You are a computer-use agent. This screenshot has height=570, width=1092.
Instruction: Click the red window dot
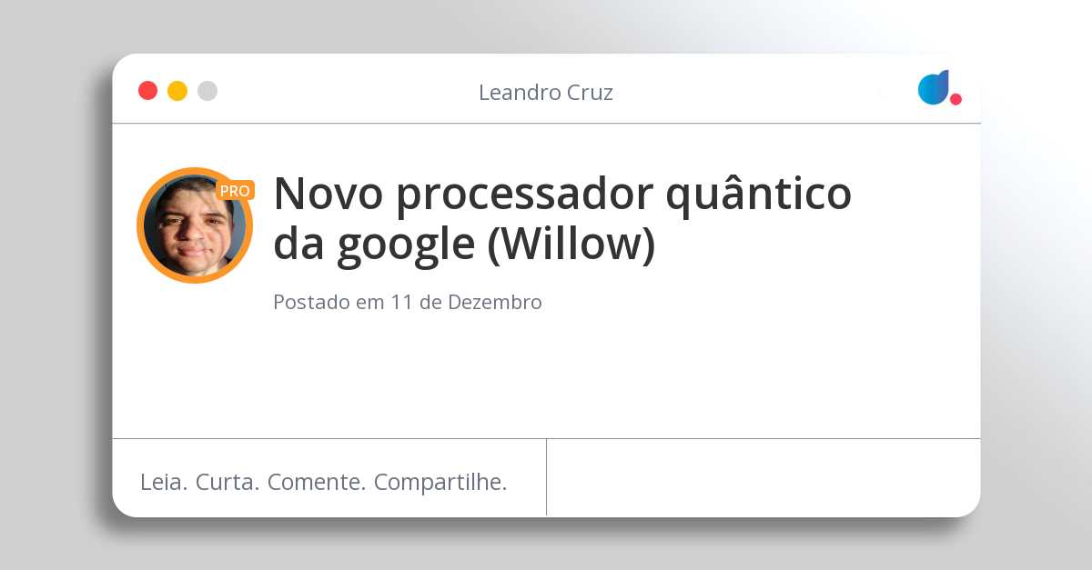tap(147, 91)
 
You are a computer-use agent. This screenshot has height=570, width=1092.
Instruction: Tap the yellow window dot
tap(177, 91)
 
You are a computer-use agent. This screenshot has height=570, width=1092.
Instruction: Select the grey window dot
tap(207, 91)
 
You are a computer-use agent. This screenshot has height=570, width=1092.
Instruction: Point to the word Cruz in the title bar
tap(590, 92)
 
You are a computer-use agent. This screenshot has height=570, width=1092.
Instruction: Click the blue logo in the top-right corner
tap(934, 87)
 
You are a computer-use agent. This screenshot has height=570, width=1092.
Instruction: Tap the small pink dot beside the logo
tap(955, 99)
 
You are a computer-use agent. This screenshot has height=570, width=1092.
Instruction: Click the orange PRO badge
tap(235, 191)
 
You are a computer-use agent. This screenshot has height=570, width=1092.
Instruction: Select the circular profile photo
tap(194, 226)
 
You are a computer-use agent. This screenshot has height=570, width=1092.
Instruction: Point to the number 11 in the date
tap(402, 303)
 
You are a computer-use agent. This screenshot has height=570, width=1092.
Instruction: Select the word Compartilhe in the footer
tap(440, 483)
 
